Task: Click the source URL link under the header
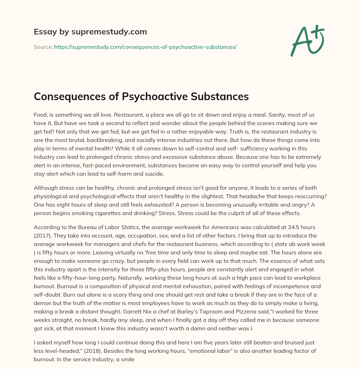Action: click(x=145, y=47)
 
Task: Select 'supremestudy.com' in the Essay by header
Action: click(x=109, y=32)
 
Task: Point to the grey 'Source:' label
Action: click(x=43, y=47)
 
